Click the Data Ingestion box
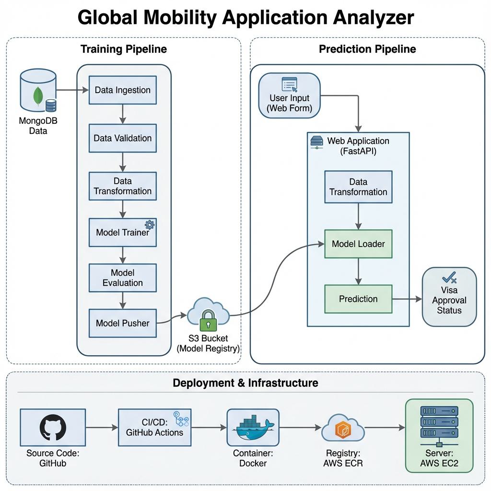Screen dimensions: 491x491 [123, 90]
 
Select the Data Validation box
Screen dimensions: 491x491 [123, 138]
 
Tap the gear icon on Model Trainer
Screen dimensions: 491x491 [149, 224]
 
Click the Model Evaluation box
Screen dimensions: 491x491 [123, 278]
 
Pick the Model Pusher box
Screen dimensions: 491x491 [123, 323]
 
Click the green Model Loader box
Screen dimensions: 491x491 [358, 244]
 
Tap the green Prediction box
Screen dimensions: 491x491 [358, 299]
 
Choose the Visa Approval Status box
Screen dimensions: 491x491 [449, 297]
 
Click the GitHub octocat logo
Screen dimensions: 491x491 [53, 427]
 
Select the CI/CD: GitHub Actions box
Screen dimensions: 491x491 [154, 427]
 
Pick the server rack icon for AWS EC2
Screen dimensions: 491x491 [439, 422]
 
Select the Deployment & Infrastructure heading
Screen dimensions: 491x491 [245, 383]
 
